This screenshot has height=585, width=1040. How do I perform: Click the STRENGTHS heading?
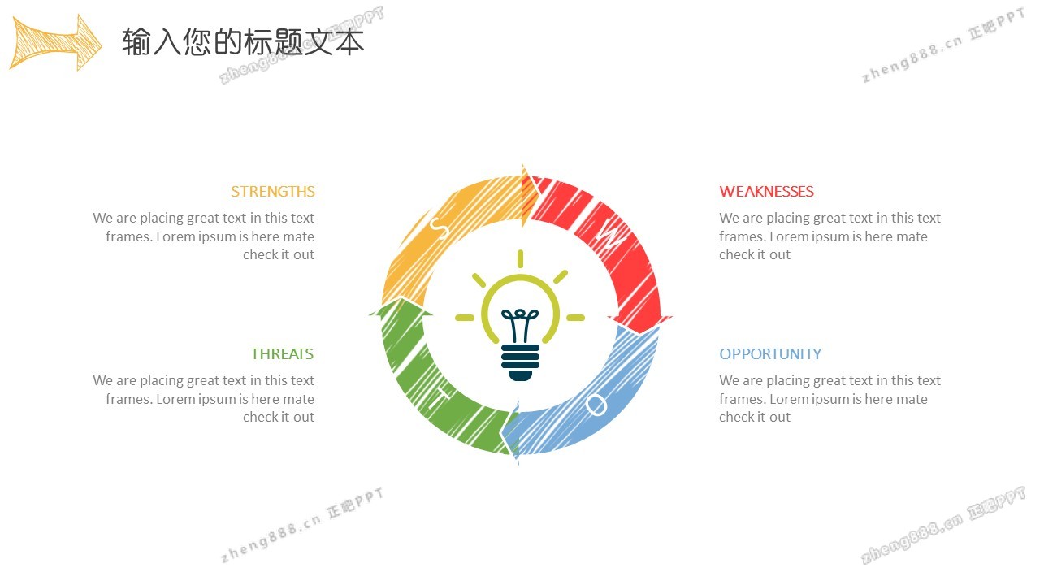point(273,191)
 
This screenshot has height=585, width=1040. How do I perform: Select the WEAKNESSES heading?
point(766,191)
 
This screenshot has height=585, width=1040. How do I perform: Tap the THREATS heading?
point(282,353)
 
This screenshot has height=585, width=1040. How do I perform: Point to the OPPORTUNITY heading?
point(770,353)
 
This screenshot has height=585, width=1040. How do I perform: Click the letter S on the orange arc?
point(440,227)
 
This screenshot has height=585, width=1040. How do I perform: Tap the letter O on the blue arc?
point(596,405)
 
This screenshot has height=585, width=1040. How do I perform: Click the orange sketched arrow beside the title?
point(56,43)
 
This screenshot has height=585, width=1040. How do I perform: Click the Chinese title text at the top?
point(243,41)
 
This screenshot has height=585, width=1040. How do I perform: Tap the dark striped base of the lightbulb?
point(520,362)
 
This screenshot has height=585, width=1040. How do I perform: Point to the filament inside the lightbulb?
point(520,326)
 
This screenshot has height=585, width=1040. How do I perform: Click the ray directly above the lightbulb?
point(521,258)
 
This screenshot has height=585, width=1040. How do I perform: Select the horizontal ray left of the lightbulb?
point(465,318)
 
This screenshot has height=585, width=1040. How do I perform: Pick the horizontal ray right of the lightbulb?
point(576,318)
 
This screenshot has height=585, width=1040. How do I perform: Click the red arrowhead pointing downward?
point(639,324)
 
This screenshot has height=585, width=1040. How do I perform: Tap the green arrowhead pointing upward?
point(401,307)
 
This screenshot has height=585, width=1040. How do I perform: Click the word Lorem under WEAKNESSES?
point(789,236)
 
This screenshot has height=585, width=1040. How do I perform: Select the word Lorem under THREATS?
point(175,399)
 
